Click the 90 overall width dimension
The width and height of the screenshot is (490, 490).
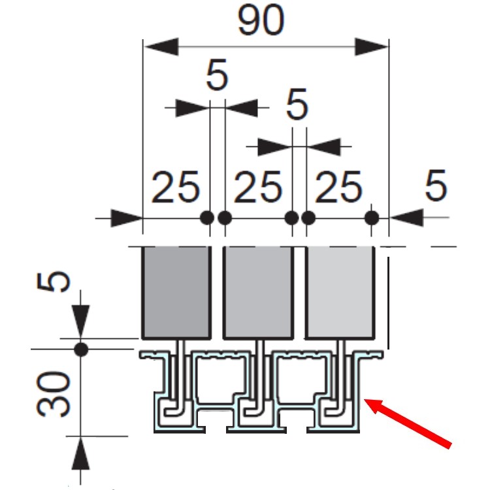pos(261,22)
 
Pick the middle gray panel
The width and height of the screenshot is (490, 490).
pos(257,291)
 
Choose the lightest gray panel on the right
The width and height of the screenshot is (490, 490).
pos(338,291)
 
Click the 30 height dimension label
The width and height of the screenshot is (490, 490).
pos(53,394)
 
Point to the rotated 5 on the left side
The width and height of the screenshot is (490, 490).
pos(58,281)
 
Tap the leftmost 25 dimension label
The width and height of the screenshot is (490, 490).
pos(176,188)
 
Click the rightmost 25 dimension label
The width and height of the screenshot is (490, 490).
pos(338,188)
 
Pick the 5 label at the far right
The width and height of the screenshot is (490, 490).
pos(436,186)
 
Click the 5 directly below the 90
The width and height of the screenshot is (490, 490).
pos(217,76)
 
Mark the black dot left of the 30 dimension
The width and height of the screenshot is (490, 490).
pos(81,349)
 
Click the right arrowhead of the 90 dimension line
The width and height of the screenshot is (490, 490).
pos(372,47)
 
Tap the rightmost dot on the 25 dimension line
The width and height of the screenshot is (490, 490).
pos(372,217)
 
